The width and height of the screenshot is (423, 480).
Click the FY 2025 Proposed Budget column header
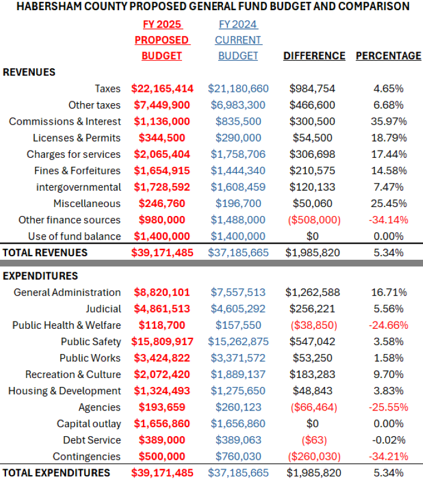pyautogui.click(x=162, y=40)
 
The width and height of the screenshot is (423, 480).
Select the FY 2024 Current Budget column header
pyautogui.click(x=238, y=40)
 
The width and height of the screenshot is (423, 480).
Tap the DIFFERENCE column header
pyautogui.click(x=314, y=56)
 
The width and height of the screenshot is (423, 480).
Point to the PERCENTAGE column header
pyautogui.click(x=388, y=56)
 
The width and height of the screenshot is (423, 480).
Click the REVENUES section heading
pyautogui.click(x=29, y=72)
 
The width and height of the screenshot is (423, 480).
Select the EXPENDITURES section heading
pyautogui.click(x=40, y=276)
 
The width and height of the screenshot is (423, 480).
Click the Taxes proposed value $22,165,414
pyautogui.click(x=162, y=89)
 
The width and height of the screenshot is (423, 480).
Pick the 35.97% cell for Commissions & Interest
pyautogui.click(x=388, y=121)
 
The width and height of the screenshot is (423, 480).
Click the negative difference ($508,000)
pyautogui.click(x=312, y=220)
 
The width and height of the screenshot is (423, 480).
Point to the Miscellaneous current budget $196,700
pyautogui.click(x=238, y=203)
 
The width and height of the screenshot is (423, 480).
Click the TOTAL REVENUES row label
pyautogui.click(x=45, y=253)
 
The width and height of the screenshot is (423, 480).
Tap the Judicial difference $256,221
pyautogui.click(x=312, y=309)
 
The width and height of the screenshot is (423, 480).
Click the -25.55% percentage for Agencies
pyautogui.click(x=388, y=407)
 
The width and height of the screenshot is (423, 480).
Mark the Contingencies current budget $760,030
pyautogui.click(x=238, y=457)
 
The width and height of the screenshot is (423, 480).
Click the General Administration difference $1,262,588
pyautogui.click(x=312, y=293)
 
